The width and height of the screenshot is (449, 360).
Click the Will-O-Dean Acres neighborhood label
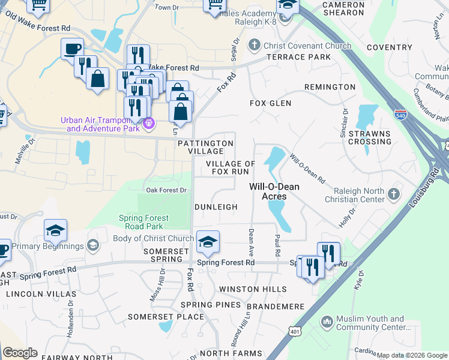[267, 191]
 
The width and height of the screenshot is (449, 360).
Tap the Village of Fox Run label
[231, 167]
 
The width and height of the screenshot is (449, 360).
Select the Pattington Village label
[205, 147]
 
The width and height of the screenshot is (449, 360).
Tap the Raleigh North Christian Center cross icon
[394, 193]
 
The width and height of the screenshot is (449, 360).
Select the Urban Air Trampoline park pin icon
[149, 124]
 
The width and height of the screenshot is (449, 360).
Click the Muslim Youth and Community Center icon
[327, 322]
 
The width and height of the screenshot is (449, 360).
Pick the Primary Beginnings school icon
[92, 246]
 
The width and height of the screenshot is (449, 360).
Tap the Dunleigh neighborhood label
[216, 206]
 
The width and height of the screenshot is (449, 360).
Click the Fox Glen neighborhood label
[270, 103]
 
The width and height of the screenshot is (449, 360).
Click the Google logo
[20, 353]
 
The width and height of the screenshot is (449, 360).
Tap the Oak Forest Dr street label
[167, 190]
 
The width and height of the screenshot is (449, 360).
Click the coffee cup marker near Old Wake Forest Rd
[72, 48]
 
